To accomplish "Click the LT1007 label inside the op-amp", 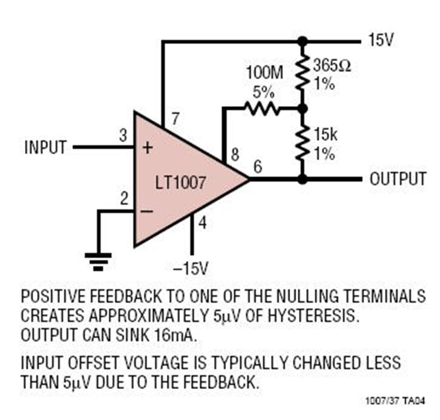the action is (x=180, y=183).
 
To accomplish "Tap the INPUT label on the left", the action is (x=45, y=147).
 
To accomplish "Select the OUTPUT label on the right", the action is (x=398, y=179).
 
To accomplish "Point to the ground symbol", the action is (x=98, y=262).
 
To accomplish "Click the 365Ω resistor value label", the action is (x=332, y=65).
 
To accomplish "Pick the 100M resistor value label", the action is (x=264, y=73).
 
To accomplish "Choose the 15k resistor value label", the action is (x=326, y=134).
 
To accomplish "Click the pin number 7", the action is (x=176, y=119).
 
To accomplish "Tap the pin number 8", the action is (x=235, y=155).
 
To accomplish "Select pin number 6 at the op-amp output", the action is (x=258, y=167).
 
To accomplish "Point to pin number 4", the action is (x=202, y=223).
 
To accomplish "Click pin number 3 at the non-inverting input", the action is (x=123, y=135).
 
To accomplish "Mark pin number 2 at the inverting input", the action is (x=124, y=198).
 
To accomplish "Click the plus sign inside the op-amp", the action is (x=148, y=148).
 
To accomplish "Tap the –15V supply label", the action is (x=191, y=268).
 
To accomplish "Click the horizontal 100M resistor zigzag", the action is (x=263, y=108).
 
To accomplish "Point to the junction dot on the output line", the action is (x=302, y=179).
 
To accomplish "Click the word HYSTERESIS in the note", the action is (x=313, y=315).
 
